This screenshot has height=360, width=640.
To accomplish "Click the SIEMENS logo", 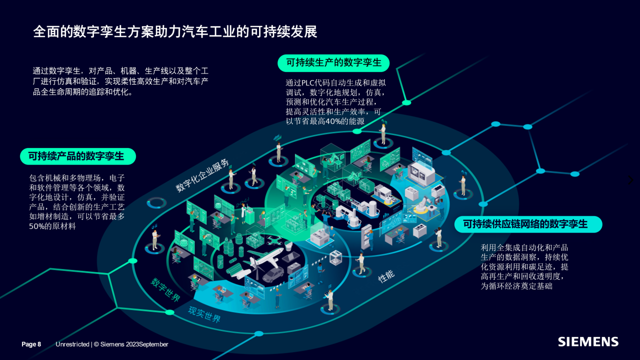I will [588, 342].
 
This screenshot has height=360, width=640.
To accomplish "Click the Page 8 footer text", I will [31, 344].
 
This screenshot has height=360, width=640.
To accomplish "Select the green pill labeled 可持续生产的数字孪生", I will [333, 62].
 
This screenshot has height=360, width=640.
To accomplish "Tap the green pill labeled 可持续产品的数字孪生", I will [77, 156].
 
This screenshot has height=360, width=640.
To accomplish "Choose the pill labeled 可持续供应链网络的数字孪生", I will [528, 224].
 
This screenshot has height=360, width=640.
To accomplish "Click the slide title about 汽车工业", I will [175, 32].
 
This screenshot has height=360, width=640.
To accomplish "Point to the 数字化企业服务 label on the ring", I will [202, 176].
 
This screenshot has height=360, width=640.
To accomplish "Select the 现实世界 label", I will [204, 314].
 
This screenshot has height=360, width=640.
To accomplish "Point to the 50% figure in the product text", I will [37, 226].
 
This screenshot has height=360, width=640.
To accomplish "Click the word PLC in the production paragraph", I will [309, 83].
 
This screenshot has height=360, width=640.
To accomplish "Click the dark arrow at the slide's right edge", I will [631, 179].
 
